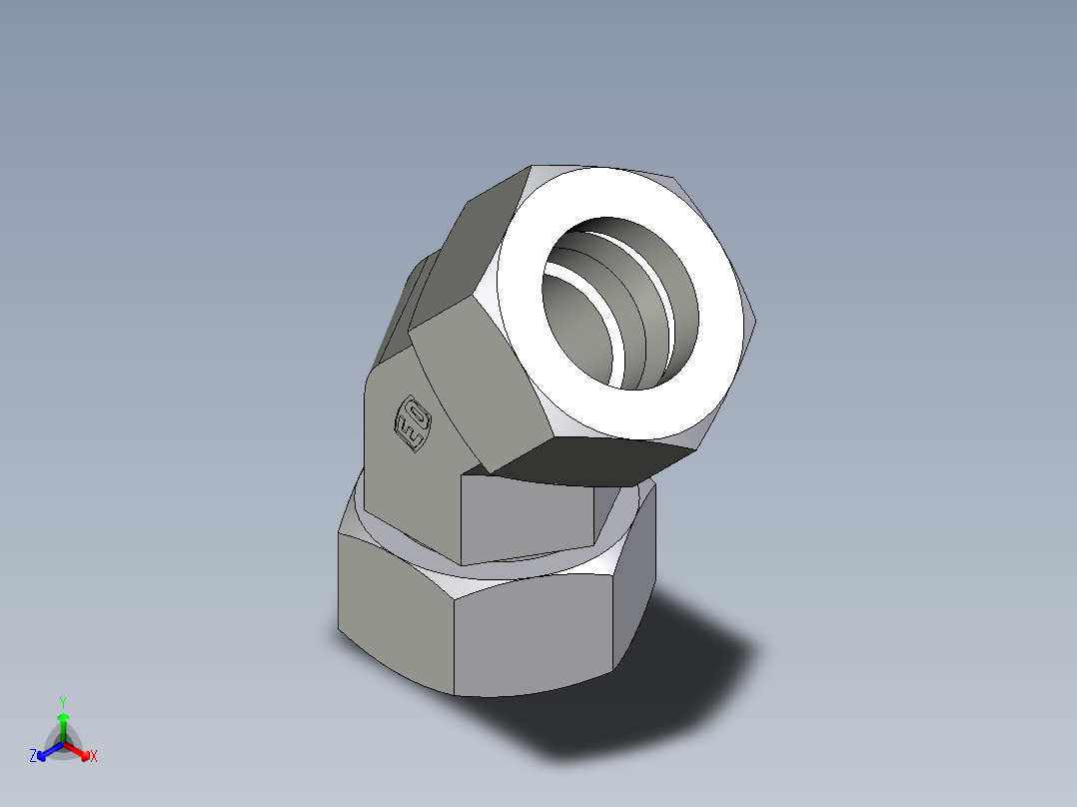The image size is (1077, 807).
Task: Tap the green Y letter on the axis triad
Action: (x=62, y=702)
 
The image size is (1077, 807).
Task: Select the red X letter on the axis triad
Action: (x=94, y=756)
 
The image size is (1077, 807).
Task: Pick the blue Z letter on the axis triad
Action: (x=33, y=757)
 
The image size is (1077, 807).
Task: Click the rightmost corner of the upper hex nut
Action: (x=755, y=321)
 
